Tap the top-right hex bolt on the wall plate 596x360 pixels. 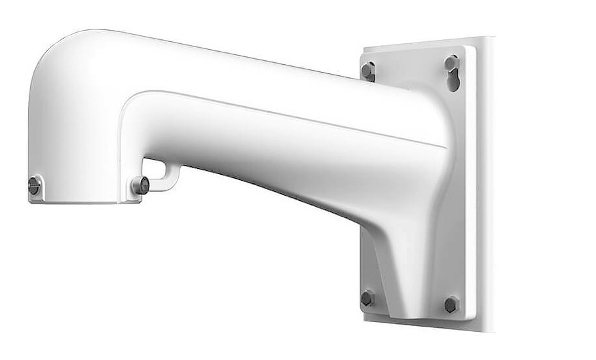coord(451,63)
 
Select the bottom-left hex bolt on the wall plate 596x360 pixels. coord(367,298)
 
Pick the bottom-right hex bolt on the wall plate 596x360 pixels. coord(451,304)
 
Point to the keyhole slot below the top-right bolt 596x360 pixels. coord(452,81)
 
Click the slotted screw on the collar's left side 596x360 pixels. coord(35,187)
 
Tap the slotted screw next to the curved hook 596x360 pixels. coord(140,185)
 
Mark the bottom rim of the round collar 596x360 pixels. coord(85,199)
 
